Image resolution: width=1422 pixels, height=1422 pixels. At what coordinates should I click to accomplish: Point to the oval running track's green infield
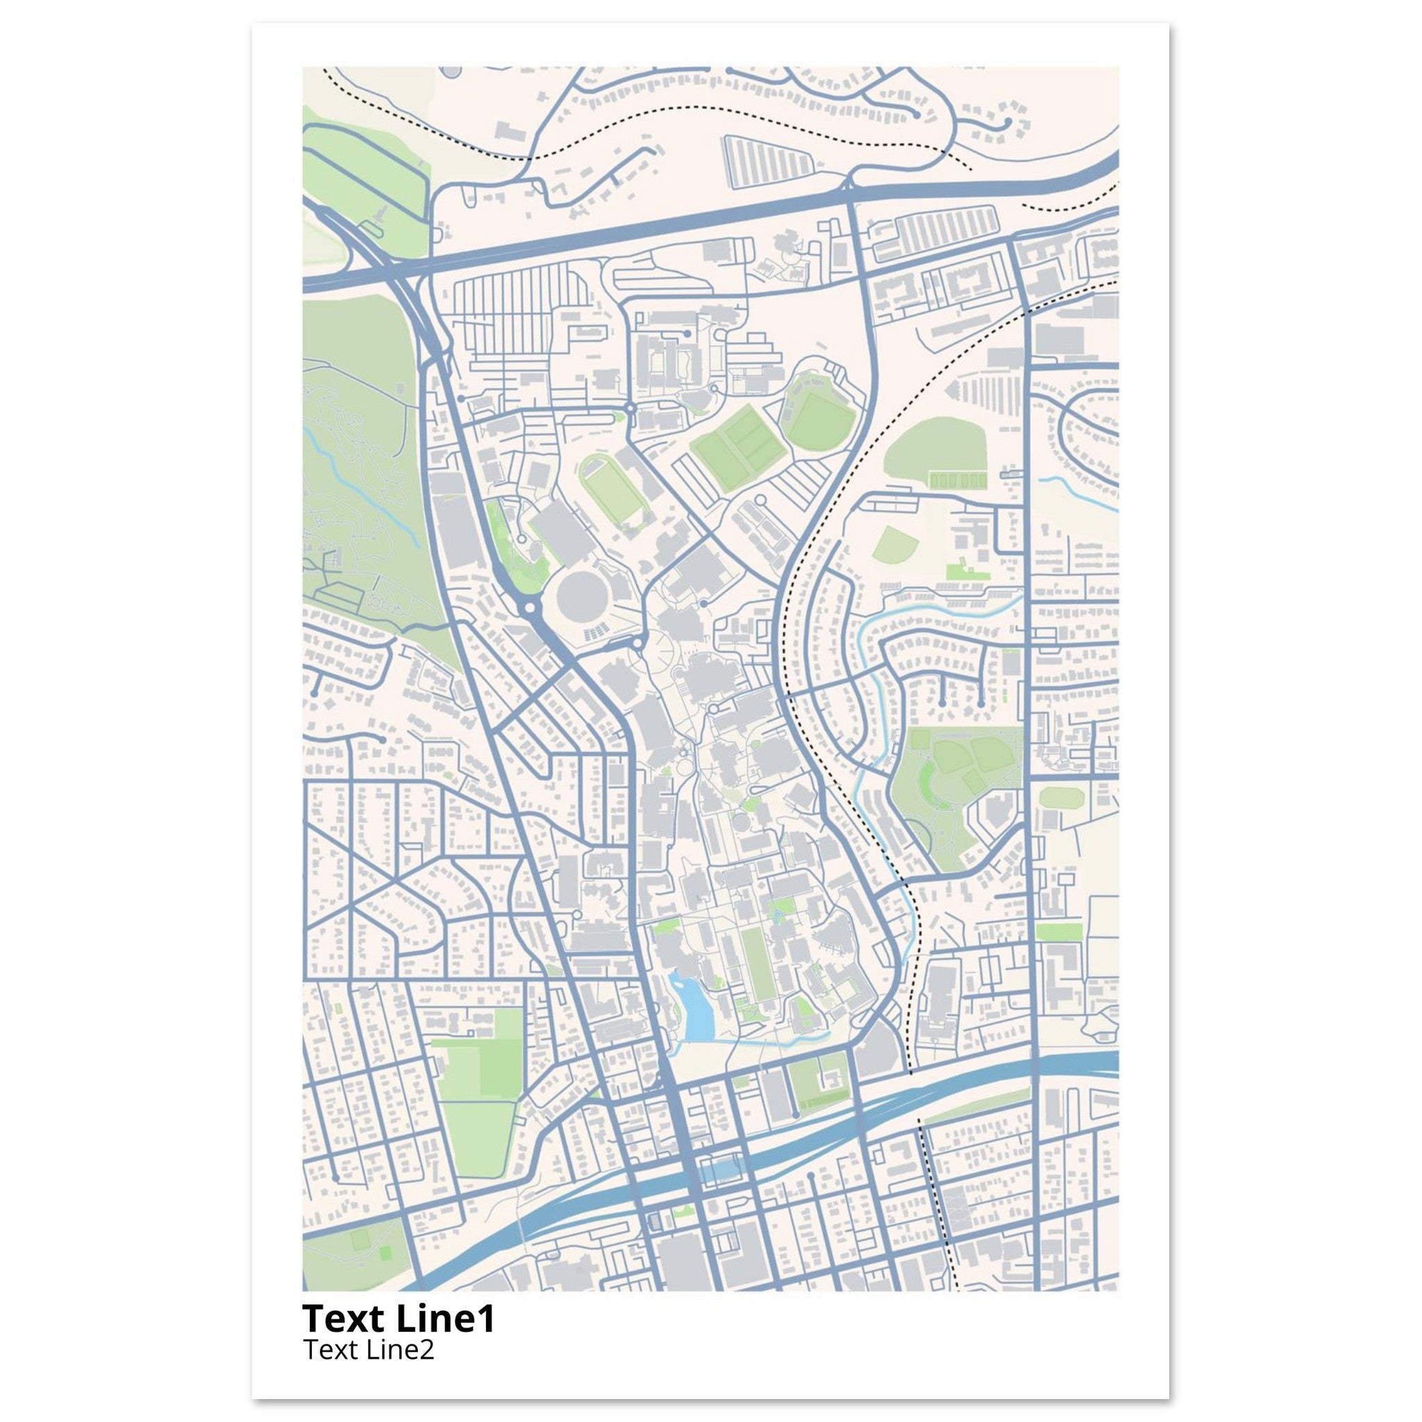point(612,489)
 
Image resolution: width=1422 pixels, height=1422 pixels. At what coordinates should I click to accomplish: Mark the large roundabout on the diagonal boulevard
point(530,610)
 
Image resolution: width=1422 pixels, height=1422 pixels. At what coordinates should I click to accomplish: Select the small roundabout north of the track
point(630,408)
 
